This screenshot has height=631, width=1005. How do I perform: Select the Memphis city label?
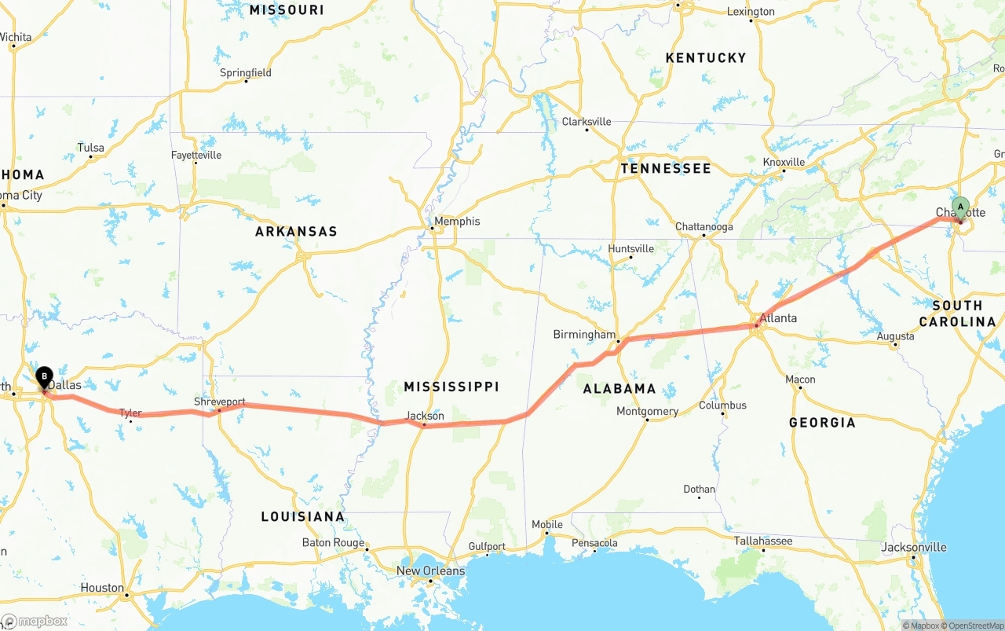click(456, 222)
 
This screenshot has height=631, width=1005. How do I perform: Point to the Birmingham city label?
click(584, 335)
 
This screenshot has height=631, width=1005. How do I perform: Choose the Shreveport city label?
click(220, 402)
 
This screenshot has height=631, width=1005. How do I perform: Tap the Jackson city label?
click(425, 416)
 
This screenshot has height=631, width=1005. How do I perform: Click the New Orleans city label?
click(430, 570)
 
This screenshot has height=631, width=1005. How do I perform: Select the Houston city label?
click(102, 588)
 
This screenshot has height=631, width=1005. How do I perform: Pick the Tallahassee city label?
click(763, 541)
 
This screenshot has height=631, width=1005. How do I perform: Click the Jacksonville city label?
click(914, 547)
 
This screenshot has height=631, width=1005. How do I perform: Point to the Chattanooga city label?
click(704, 227)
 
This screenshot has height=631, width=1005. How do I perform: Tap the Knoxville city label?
click(784, 162)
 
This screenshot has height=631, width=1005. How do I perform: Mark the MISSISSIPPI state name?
click(451, 387)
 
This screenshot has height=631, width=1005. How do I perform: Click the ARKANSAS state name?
click(296, 232)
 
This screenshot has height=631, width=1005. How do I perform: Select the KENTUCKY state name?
click(706, 58)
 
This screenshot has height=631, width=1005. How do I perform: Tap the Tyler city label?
click(130, 413)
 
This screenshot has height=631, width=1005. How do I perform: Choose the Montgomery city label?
click(647, 411)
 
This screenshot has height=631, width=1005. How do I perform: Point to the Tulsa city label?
click(90, 148)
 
